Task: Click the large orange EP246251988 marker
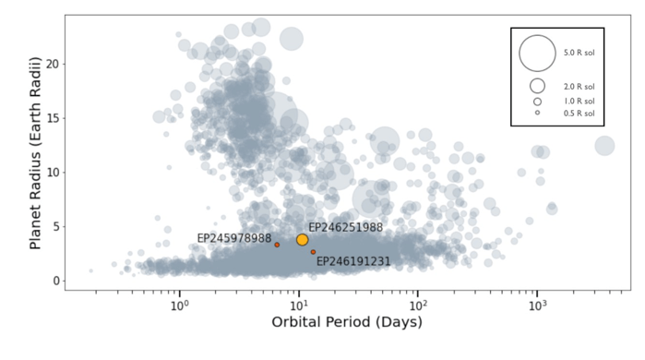click(302, 240)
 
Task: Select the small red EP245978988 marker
click(277, 245)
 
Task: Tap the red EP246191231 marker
click(313, 252)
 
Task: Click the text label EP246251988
click(345, 227)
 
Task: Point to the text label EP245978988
click(234, 238)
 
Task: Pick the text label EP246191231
click(353, 262)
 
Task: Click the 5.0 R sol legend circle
click(537, 54)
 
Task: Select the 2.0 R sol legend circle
click(537, 86)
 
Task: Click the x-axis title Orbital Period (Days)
click(347, 323)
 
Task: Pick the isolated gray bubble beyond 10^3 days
click(604, 146)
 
